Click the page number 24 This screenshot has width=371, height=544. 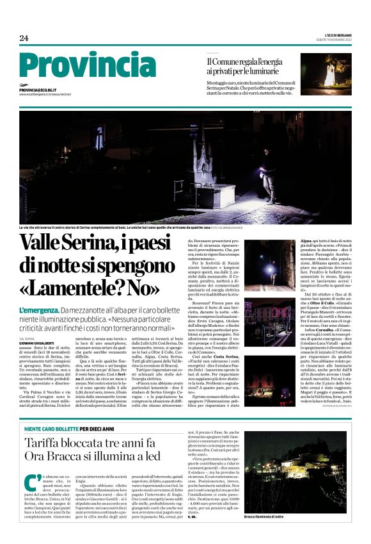[24, 38]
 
